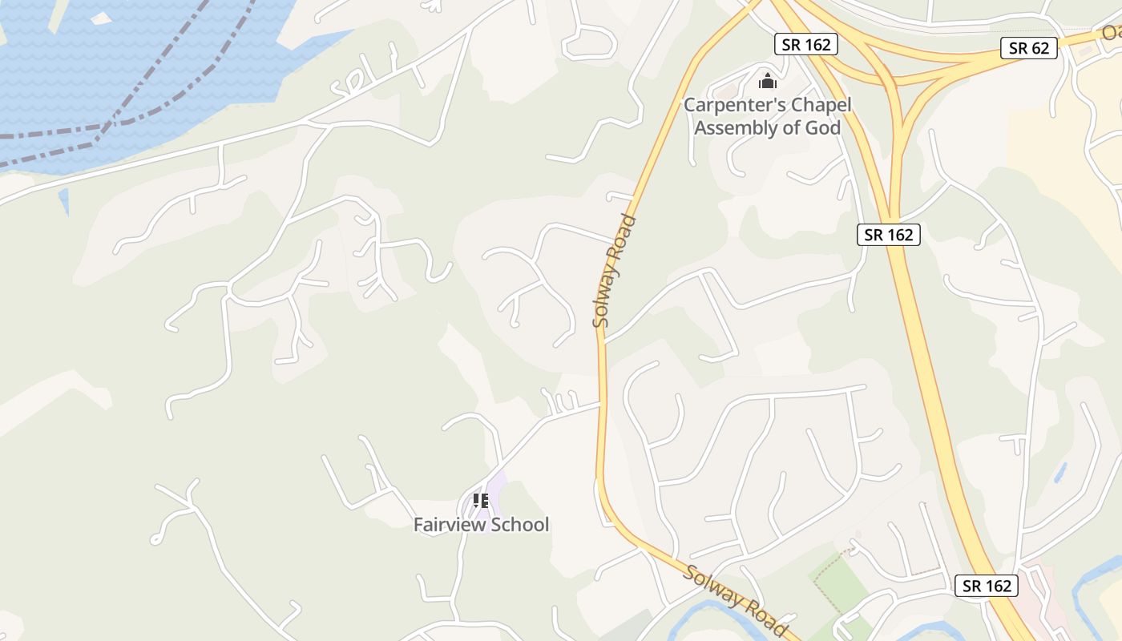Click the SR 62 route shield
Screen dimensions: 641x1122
click(1029, 48)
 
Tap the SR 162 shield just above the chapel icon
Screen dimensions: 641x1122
click(806, 44)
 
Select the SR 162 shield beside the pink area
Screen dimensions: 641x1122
click(987, 586)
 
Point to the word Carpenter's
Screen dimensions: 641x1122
click(733, 105)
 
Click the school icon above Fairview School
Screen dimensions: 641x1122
click(481, 501)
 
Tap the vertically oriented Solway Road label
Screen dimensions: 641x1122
click(614, 271)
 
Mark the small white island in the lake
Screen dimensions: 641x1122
click(102, 18)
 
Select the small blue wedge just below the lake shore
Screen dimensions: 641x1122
click(64, 201)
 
